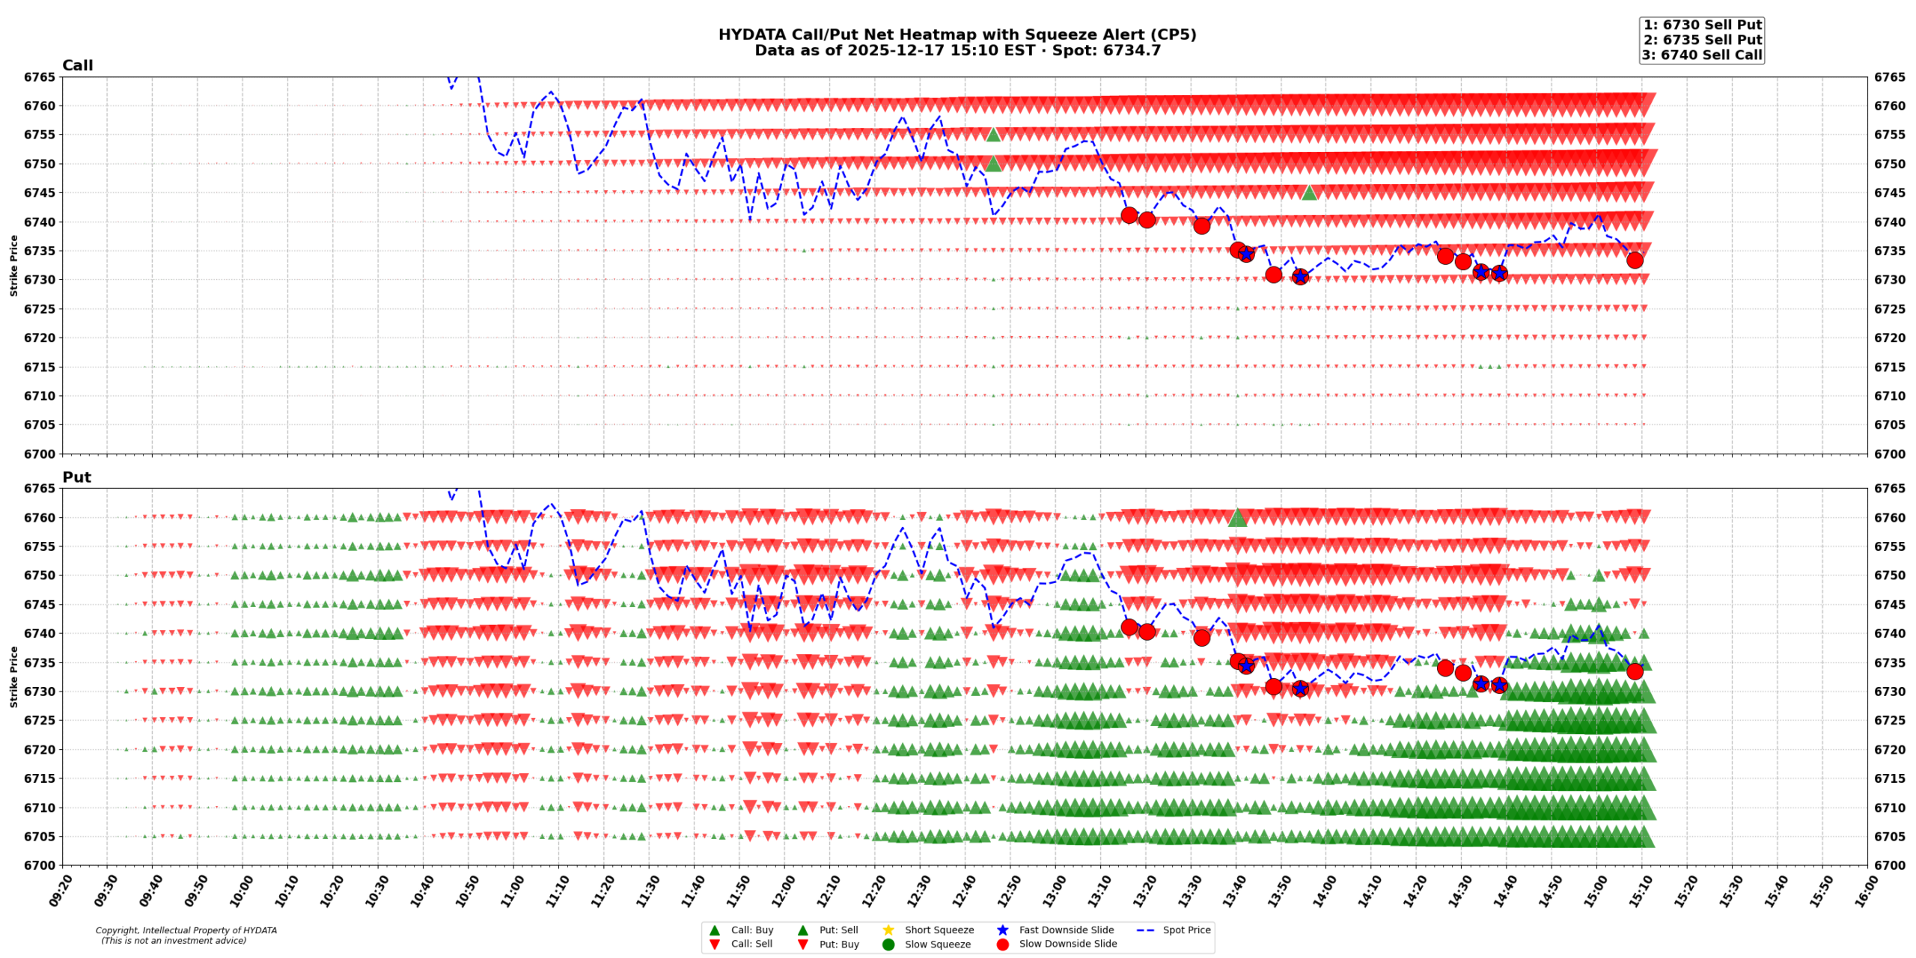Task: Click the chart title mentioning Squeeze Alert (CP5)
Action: (957, 34)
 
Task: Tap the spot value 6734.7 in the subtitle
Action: (1132, 51)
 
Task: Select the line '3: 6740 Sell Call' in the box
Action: (1701, 55)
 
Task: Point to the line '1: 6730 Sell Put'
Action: (1702, 25)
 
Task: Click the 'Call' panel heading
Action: (77, 65)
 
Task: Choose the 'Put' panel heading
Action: (76, 477)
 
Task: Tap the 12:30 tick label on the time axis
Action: (917, 891)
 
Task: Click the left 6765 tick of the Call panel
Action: (39, 77)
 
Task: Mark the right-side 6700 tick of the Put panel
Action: (1890, 865)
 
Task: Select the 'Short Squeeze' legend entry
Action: (939, 930)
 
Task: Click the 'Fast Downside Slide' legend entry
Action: (1066, 930)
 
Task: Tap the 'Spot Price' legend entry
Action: (1186, 930)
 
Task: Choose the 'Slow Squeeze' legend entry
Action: (937, 944)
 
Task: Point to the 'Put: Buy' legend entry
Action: (838, 944)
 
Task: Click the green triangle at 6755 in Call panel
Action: (993, 135)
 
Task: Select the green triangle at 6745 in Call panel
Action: (1309, 193)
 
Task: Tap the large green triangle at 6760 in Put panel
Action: (1237, 517)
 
